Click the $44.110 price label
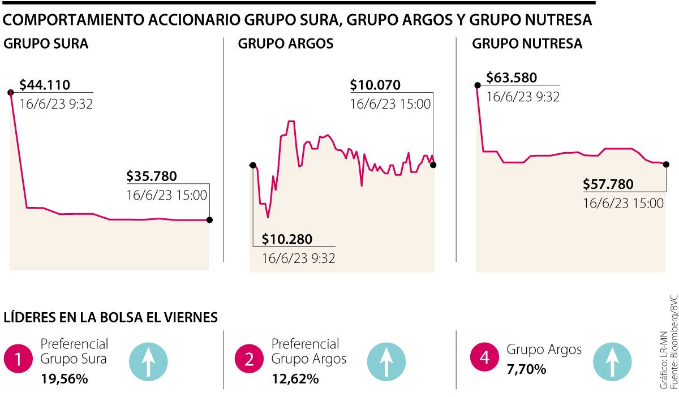45,85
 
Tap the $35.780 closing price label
152,176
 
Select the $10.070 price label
375,85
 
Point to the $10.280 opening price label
287,239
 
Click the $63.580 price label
512,78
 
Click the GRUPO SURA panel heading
46,44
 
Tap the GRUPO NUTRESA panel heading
527,44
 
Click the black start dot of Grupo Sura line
10,92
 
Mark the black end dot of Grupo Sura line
210,220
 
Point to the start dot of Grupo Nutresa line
478,85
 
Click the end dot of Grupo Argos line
433,165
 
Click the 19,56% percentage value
64,379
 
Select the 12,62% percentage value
295,379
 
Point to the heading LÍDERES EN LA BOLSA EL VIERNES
111,317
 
